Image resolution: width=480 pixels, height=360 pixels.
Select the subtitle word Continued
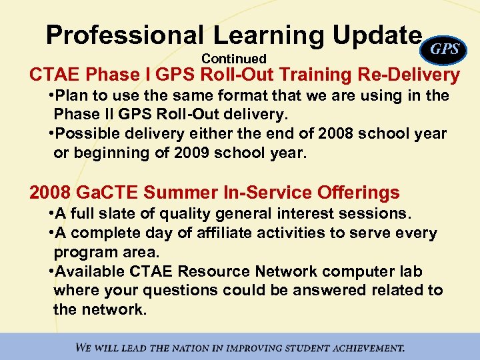click(233, 59)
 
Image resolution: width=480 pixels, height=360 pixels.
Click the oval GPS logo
click(445, 49)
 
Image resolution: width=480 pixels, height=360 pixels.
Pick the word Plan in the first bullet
click(74, 96)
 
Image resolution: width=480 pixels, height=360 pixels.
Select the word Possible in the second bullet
click(87, 134)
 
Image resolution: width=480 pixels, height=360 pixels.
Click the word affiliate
click(227, 233)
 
